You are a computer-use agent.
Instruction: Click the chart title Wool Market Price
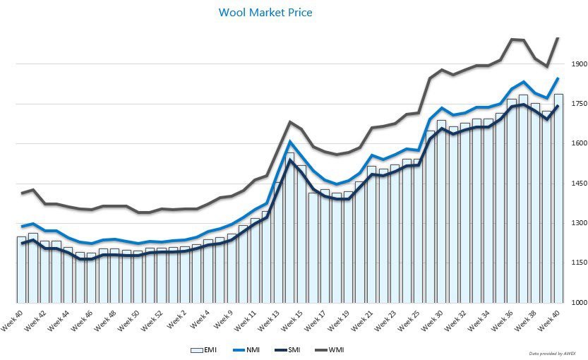pyautogui.click(x=265, y=13)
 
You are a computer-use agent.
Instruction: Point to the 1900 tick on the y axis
pyautogui.click(x=579, y=64)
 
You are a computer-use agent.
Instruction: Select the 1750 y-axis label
pyautogui.click(x=579, y=104)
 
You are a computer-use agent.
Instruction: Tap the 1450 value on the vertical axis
pyautogui.click(x=579, y=184)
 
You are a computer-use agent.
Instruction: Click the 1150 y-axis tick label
pyautogui.click(x=579, y=263)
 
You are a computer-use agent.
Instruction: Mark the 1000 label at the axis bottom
pyautogui.click(x=579, y=303)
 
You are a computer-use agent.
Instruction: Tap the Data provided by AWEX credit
pyautogui.click(x=553, y=352)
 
